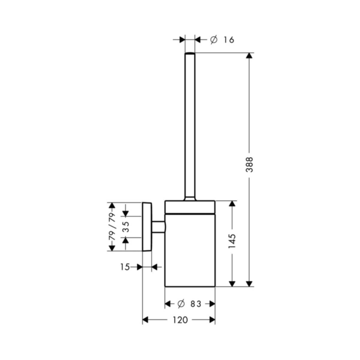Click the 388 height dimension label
point(249,165)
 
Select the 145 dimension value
point(232,241)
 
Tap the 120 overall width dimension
point(180,320)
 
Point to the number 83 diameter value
point(196,304)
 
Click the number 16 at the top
point(229,40)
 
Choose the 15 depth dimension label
point(125,267)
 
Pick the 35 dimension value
point(125,227)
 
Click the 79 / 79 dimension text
point(112,226)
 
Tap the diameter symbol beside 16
point(214,40)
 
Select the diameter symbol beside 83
point(181,304)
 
